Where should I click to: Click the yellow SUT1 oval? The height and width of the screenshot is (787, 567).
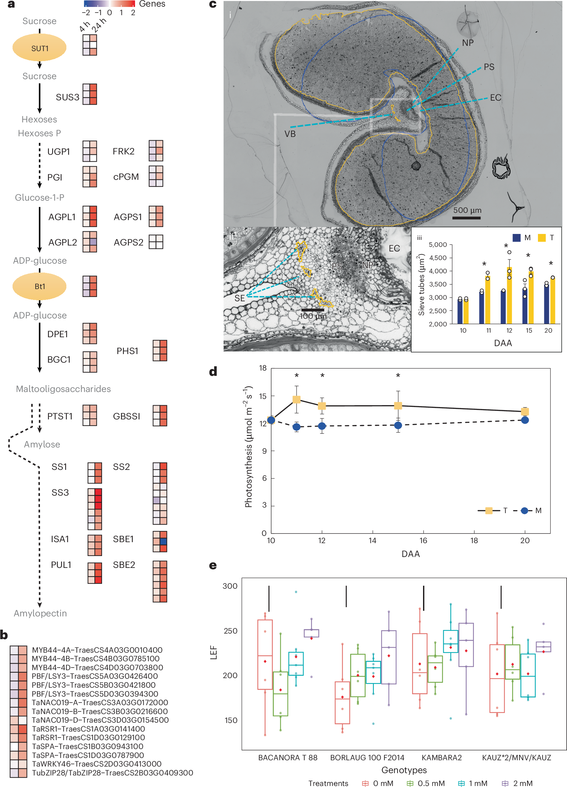[x=39, y=48]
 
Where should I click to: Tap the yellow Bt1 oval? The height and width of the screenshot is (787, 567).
[x=39, y=286]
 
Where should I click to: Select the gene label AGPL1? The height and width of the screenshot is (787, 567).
[x=62, y=217]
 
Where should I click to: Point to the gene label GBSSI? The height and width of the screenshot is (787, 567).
[x=126, y=416]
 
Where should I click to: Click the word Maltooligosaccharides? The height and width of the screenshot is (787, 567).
[x=63, y=389]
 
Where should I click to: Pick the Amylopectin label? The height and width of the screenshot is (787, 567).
[x=40, y=613]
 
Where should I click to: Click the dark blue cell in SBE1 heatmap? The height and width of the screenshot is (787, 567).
[x=163, y=541]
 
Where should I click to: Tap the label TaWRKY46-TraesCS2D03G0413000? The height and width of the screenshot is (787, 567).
[x=96, y=764]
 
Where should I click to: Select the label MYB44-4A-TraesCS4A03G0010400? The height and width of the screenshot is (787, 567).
[x=97, y=650]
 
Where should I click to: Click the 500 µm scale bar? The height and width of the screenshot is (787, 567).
[x=466, y=217]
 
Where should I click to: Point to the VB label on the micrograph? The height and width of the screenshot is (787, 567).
[x=290, y=134]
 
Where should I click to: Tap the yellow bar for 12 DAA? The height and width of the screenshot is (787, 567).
[x=509, y=295]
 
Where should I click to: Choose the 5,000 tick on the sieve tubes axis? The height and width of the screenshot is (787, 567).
[x=438, y=245]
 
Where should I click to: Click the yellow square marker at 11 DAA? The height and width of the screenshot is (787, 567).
[x=296, y=399]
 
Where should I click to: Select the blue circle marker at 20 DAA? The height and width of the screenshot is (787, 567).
[x=525, y=420]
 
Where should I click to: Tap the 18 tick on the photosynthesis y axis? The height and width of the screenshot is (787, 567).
[x=263, y=368]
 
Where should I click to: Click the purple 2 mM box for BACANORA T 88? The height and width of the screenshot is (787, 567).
[x=311, y=633]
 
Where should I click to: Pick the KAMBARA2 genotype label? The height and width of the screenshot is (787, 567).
[x=441, y=758]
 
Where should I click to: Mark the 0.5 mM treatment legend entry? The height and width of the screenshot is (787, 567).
[x=426, y=783]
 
